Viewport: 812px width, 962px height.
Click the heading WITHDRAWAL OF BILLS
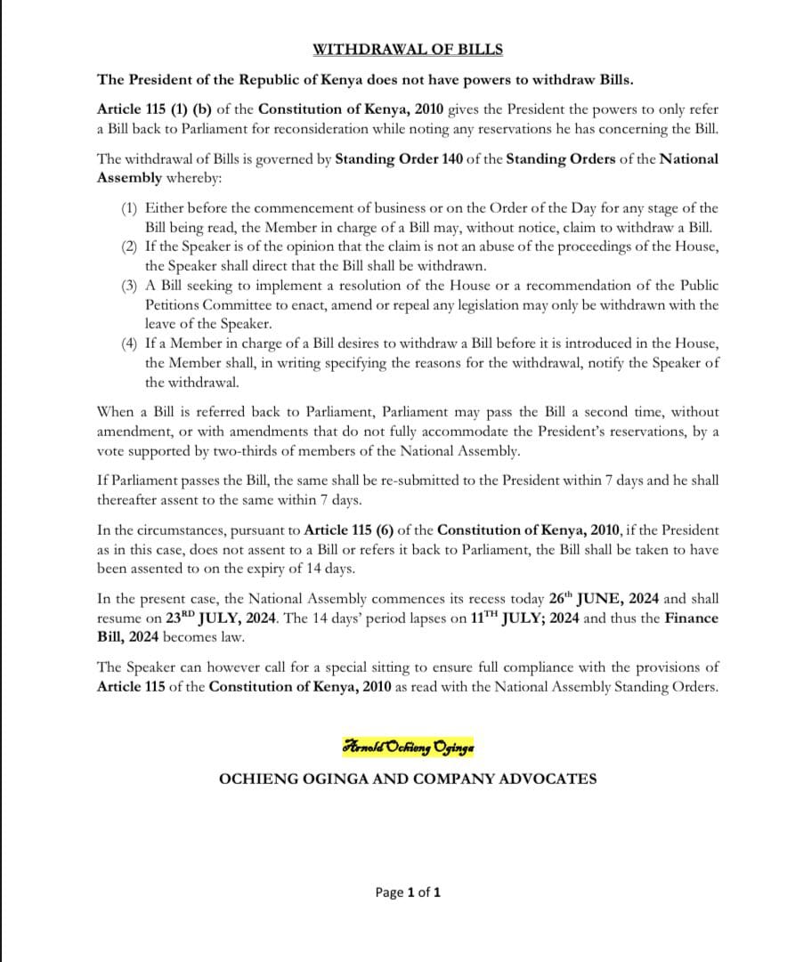coord(407,49)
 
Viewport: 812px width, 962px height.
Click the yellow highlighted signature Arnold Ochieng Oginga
coord(408,747)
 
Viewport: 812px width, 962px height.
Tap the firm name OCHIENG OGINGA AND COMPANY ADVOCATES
coord(408,779)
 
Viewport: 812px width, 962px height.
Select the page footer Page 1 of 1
coord(408,892)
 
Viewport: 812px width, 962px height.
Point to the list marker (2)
coord(130,246)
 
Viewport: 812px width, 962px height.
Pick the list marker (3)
coord(130,286)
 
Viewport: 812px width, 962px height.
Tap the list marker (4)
coord(130,344)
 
